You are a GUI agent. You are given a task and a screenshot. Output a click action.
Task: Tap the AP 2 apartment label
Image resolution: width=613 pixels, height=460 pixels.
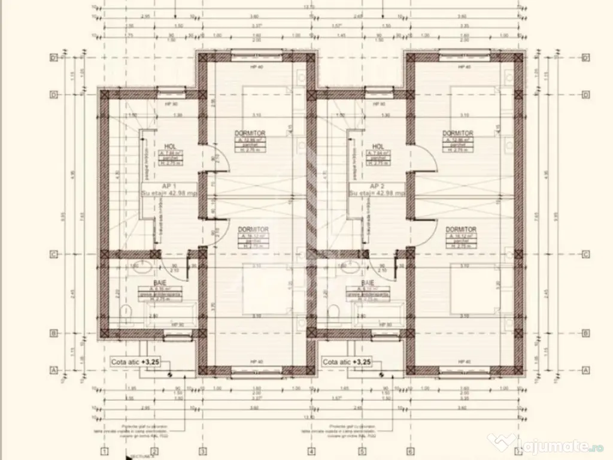[377, 186]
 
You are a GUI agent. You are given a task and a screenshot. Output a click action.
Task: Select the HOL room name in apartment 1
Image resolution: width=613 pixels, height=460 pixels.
[169, 146]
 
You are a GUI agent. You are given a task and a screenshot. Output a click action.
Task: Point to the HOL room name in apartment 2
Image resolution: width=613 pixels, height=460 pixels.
[378, 146]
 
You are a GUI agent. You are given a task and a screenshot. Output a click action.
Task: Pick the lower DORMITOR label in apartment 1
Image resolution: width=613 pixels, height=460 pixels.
[253, 229]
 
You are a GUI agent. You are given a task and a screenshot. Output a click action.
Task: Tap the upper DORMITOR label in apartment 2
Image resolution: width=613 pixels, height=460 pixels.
[458, 133]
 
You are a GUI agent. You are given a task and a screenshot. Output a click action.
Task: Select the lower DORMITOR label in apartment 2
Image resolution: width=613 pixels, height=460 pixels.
[461, 229]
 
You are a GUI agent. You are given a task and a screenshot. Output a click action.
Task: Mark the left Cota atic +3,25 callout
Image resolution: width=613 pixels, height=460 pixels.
[136, 362]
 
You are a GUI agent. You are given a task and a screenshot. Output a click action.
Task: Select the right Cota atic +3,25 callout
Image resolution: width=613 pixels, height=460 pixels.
[347, 362]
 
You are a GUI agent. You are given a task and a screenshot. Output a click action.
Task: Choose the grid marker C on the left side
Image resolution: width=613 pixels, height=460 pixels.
[54, 254]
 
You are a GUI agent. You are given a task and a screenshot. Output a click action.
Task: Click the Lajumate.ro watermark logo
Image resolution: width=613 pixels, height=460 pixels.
[548, 444]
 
